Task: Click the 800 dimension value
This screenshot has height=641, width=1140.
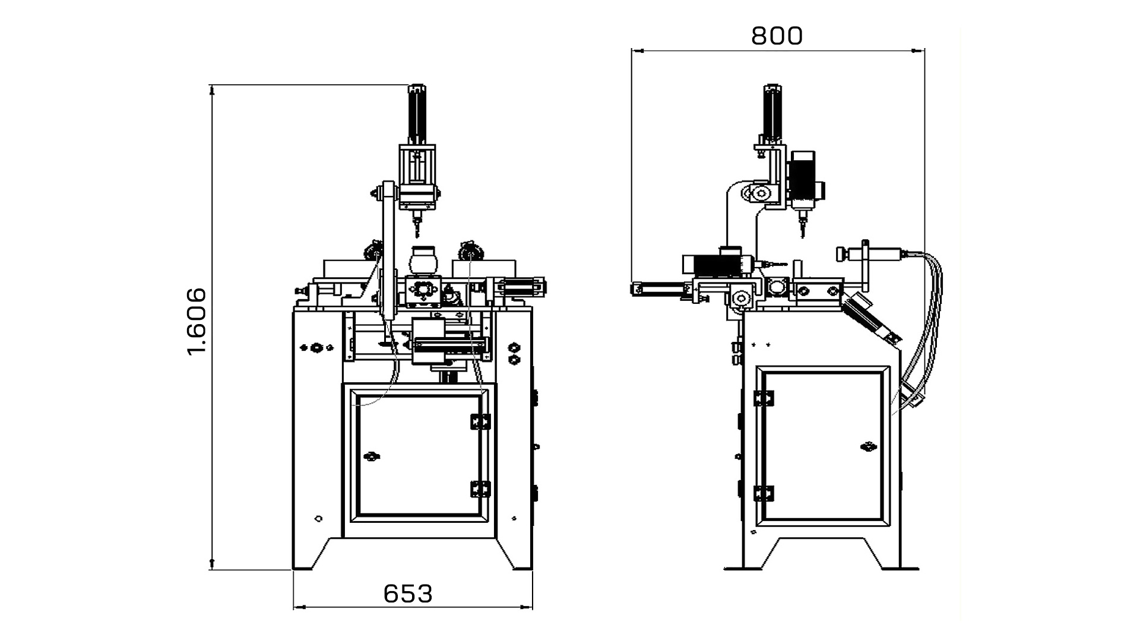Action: coord(777,36)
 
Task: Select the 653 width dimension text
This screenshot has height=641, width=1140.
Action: coord(408,594)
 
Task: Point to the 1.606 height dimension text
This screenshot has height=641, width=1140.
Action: coord(197,322)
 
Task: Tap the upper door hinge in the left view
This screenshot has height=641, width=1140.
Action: coord(480,421)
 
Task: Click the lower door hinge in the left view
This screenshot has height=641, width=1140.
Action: coord(480,489)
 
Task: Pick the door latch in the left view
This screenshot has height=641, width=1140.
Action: coord(372,456)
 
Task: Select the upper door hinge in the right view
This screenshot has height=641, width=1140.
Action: coord(764,398)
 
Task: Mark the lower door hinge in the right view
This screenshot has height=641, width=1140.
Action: coord(764,494)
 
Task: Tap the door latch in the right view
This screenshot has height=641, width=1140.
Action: coord(869,446)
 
